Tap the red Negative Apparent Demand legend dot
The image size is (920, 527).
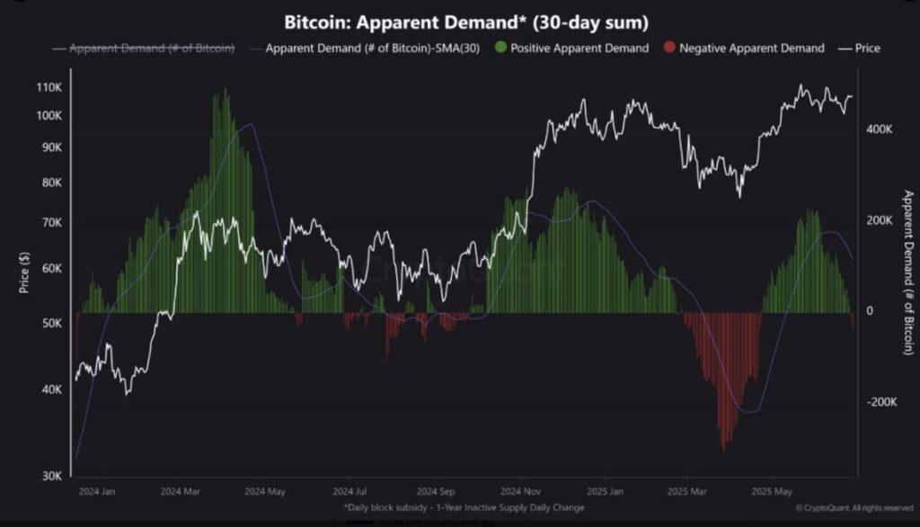(668, 48)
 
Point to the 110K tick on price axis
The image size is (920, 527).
(49, 87)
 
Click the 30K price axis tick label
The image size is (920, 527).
(51, 476)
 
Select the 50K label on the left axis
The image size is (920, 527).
(51, 323)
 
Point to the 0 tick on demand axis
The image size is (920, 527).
(869, 311)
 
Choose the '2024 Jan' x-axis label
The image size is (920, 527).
(97, 492)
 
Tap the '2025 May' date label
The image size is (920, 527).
(772, 492)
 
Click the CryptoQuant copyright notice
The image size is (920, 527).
(854, 508)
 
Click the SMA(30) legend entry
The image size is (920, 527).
(366, 48)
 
